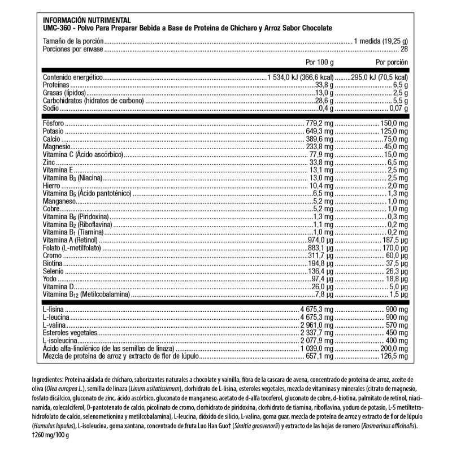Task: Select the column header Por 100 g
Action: click(x=320, y=62)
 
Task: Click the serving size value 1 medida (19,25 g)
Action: click(x=380, y=42)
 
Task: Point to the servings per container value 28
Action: click(x=404, y=49)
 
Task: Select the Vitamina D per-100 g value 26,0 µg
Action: click(x=323, y=286)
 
